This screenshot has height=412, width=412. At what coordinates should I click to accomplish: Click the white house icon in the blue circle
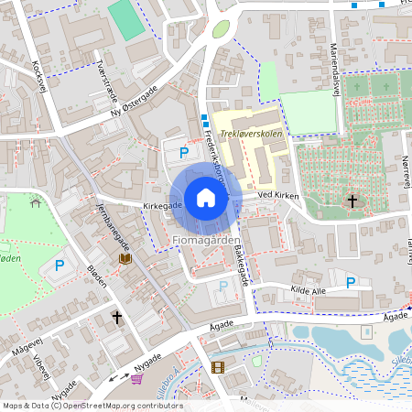pos(206,198)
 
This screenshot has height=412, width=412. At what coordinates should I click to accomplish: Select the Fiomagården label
pos(205,240)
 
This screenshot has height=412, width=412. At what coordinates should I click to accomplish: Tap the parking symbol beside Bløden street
pos(60,266)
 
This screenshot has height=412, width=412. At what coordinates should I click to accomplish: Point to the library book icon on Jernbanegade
pos(124,260)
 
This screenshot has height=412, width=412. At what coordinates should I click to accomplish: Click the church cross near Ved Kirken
pos(352,201)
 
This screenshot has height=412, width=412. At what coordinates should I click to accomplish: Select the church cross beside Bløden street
pos(116,317)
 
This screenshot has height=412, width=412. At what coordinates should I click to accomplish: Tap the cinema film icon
pos(217,367)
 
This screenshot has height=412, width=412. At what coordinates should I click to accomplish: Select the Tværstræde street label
pos(107,77)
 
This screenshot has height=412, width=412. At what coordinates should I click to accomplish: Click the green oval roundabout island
pos(221,29)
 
